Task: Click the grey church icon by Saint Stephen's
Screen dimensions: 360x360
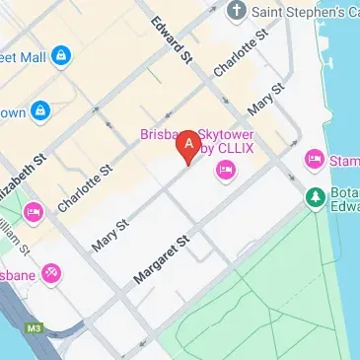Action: tap(236, 10)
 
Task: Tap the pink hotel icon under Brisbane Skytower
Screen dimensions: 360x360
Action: tap(225, 172)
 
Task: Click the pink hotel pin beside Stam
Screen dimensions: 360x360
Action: tap(315, 158)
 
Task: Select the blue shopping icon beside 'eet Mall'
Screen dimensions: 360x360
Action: tap(61, 53)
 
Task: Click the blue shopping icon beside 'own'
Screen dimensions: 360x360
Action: tap(40, 110)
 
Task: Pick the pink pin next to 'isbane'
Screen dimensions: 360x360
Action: tap(52, 272)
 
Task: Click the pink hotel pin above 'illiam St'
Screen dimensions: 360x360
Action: tap(33, 211)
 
